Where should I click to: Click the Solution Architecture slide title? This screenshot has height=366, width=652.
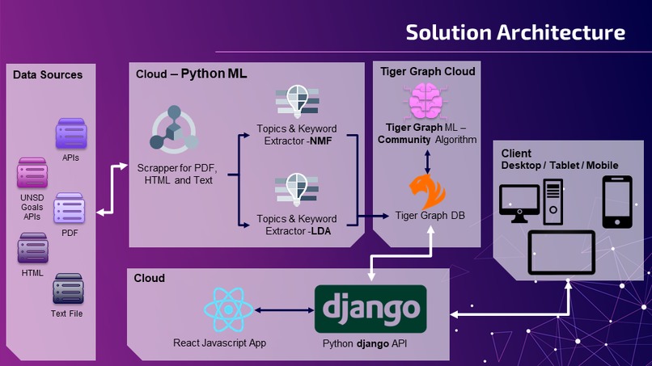[x=515, y=32]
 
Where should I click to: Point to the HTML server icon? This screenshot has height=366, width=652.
[x=32, y=248]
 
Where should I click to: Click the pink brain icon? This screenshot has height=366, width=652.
[x=426, y=103]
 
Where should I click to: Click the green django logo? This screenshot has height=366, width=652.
[x=369, y=308]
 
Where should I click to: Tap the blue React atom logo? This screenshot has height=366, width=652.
[x=231, y=310]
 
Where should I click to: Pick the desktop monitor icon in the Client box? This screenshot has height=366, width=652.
[x=519, y=204]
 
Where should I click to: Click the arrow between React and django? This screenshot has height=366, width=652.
[x=283, y=310]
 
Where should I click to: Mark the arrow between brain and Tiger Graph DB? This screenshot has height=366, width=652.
[x=427, y=158]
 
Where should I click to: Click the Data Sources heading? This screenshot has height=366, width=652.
[x=48, y=75]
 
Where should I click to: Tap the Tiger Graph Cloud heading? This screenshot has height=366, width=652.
[x=428, y=72]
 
